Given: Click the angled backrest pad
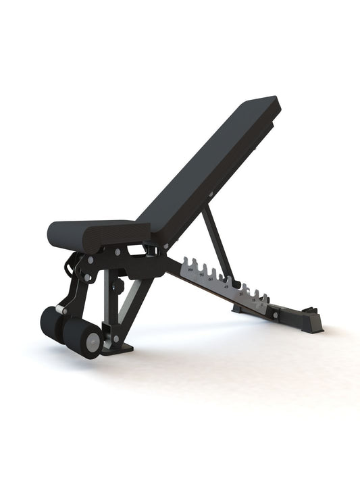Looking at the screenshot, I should coord(209,169).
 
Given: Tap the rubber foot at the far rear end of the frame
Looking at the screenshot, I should coord(312,321).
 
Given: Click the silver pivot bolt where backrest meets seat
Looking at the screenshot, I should coord(157,250).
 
